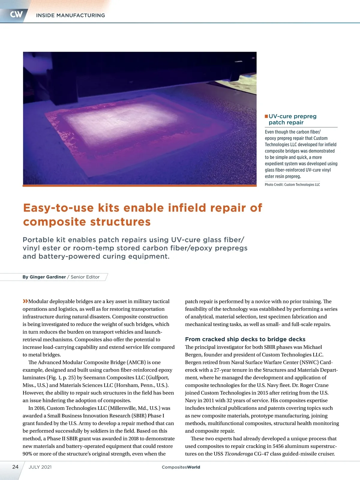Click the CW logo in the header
point(16,14)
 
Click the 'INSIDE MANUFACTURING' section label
point(70,15)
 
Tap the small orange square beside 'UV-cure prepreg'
point(266,116)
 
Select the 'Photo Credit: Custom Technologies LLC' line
point(292,185)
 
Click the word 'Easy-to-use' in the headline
point(58,208)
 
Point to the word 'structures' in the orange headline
point(120,222)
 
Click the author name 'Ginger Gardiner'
point(48,277)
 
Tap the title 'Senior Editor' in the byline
point(85,277)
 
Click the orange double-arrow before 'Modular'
point(25,301)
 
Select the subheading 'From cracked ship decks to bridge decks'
point(245,339)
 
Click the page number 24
point(15,467)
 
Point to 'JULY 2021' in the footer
point(40,467)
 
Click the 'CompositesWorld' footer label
point(181,467)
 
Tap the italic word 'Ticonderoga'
point(238,454)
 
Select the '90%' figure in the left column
point(27,454)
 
